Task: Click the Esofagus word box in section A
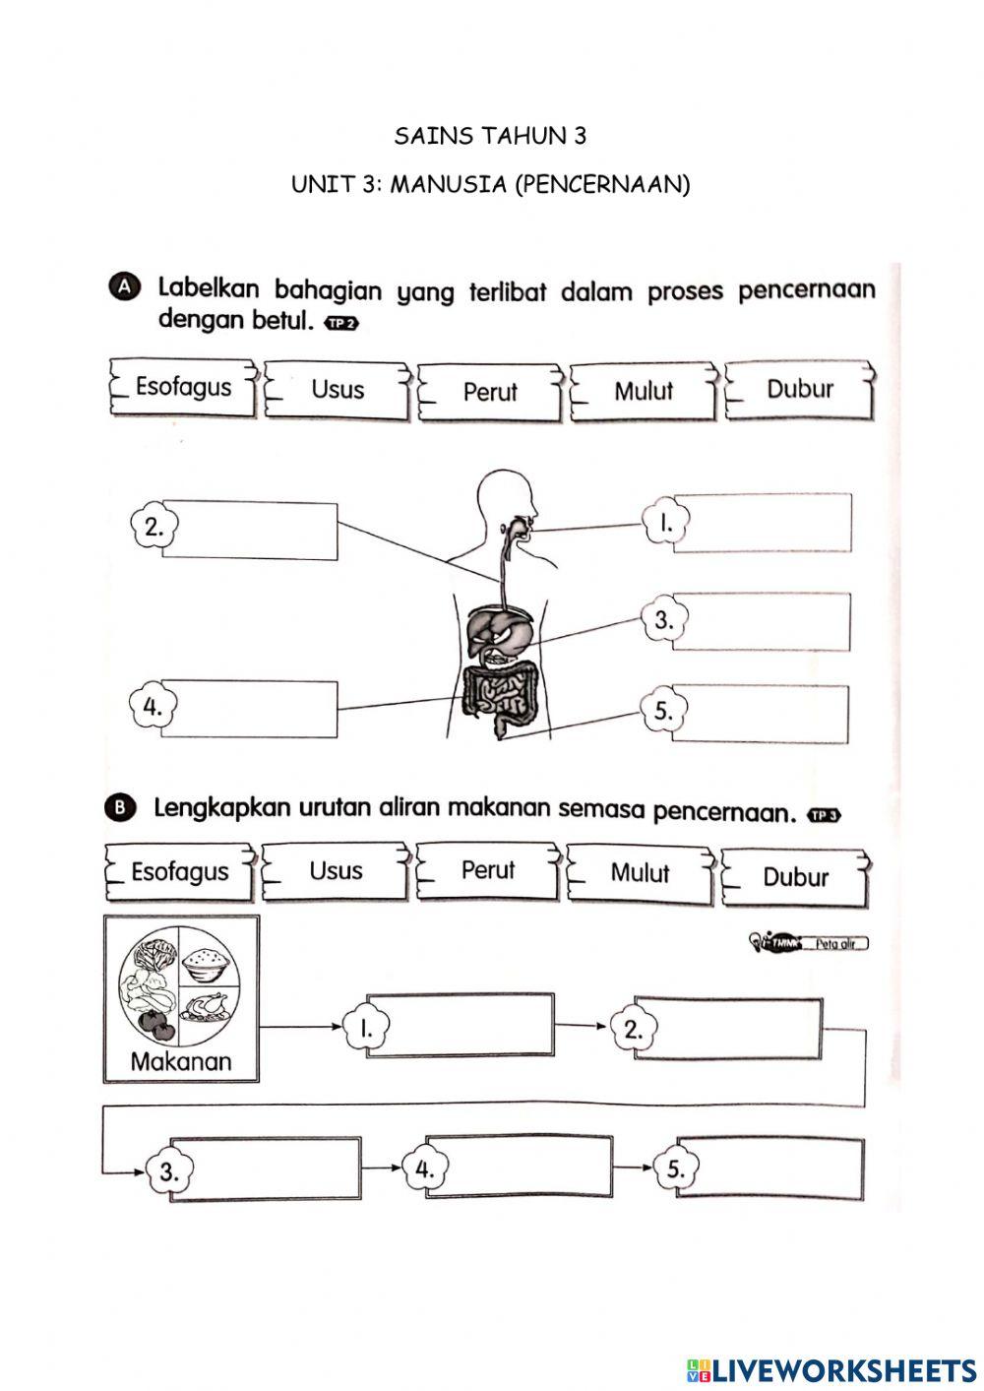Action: click(183, 387)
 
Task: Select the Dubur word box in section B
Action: click(796, 877)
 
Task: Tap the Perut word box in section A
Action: click(490, 392)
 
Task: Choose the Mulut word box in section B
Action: click(640, 873)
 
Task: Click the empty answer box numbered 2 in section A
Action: click(251, 531)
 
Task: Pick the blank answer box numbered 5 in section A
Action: click(760, 714)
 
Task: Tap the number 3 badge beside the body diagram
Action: click(664, 620)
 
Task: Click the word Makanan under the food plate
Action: click(181, 1061)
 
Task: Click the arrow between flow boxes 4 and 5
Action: click(633, 1169)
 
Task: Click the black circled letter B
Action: click(118, 807)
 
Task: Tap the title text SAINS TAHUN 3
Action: click(490, 136)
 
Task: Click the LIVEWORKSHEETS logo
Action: click(831, 1369)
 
